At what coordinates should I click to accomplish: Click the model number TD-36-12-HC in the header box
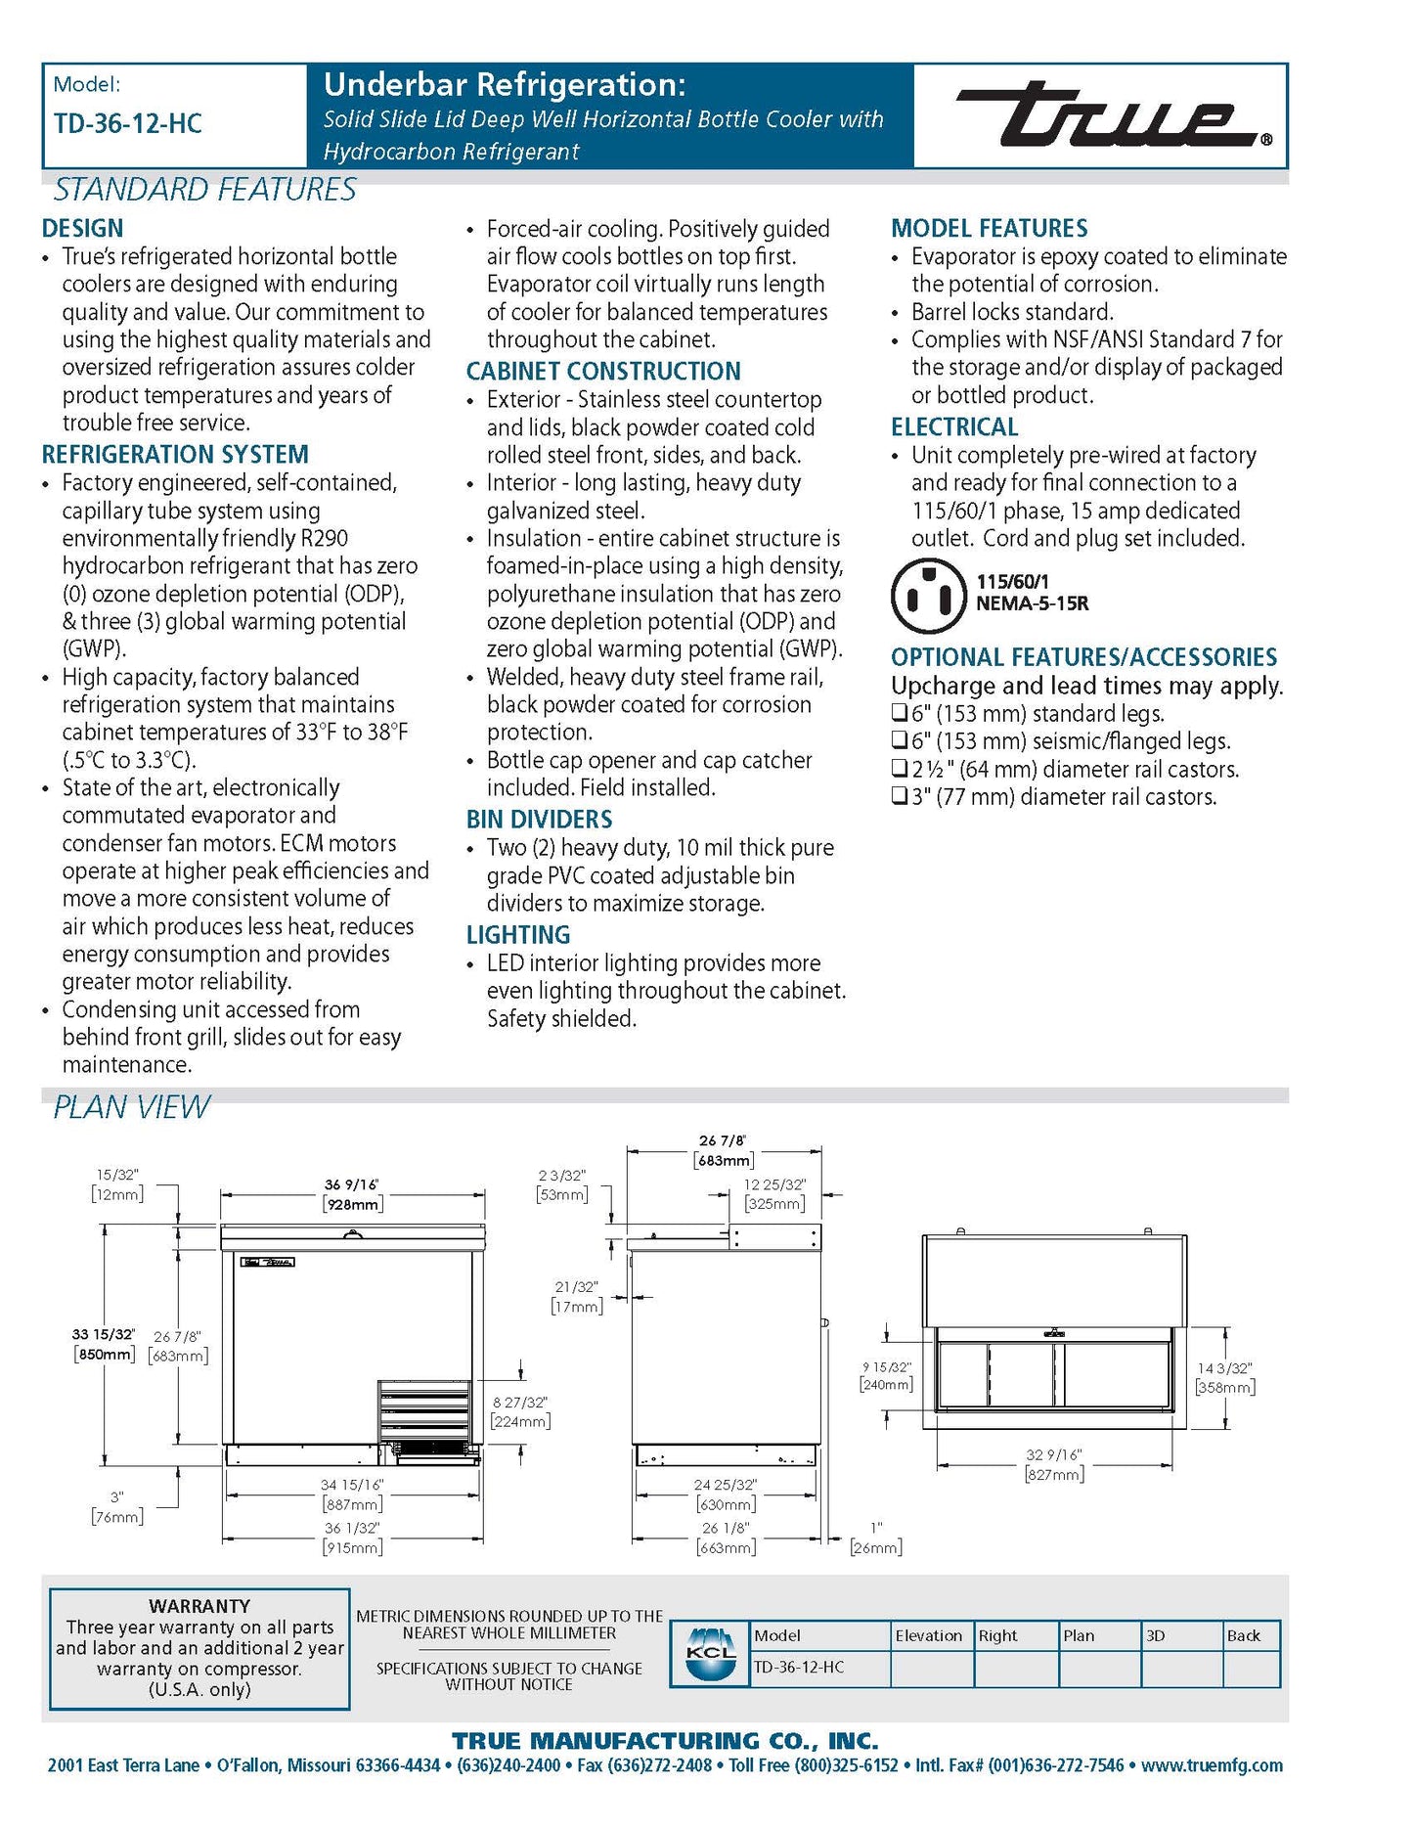(x=128, y=124)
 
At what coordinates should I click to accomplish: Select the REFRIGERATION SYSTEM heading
(x=175, y=455)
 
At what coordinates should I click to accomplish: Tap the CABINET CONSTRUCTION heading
(x=603, y=372)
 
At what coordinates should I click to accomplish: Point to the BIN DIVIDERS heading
(x=539, y=820)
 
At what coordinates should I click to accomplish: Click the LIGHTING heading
(x=517, y=935)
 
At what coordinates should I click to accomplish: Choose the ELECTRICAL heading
(x=954, y=427)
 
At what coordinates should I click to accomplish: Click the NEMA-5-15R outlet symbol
(x=928, y=595)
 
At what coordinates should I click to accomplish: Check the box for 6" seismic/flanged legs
(x=900, y=741)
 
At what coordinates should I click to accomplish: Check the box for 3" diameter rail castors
(x=900, y=797)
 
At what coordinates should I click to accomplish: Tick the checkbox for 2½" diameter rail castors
(x=900, y=769)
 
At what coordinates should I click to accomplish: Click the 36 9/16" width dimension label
(x=352, y=1184)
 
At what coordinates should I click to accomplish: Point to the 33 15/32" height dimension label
(x=103, y=1334)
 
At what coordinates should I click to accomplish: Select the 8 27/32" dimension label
(x=520, y=1403)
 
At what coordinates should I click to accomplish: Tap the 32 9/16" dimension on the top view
(x=1053, y=1455)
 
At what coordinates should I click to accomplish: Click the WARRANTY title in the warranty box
(x=199, y=1606)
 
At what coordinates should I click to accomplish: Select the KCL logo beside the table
(x=711, y=1653)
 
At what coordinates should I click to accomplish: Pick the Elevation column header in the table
(x=929, y=1635)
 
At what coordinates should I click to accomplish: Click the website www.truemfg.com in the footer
(x=1212, y=1765)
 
